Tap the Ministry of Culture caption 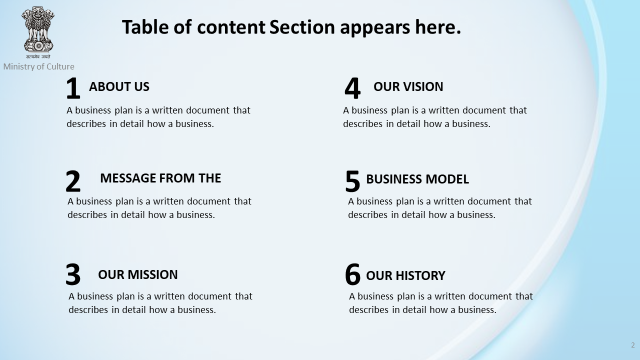(39, 66)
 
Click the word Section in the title (302, 27)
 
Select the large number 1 (73, 88)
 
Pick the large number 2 (73, 181)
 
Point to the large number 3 (73, 274)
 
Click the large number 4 (352, 88)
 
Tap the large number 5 (352, 181)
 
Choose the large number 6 (352, 274)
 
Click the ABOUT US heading (119, 86)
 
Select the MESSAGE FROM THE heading (160, 178)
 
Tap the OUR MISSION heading (137, 274)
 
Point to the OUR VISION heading (408, 86)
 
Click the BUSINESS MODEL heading (417, 179)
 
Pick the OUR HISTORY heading (405, 275)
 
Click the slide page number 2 (633, 345)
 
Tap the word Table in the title (145, 27)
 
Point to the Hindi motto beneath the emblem (38, 56)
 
